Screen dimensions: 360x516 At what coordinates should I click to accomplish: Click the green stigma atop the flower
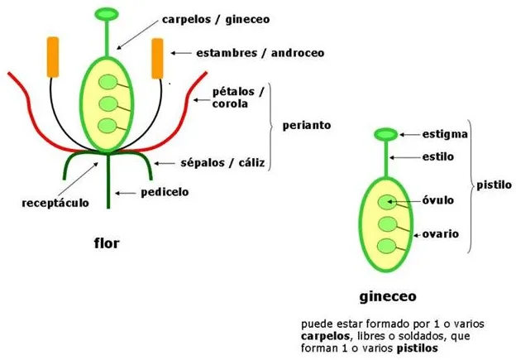(107, 13)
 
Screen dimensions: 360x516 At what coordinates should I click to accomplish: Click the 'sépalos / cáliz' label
(227, 162)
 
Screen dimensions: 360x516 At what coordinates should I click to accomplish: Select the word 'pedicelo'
(166, 192)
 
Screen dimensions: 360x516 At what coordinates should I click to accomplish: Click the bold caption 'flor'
(107, 243)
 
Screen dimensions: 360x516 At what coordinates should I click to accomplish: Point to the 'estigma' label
(447, 133)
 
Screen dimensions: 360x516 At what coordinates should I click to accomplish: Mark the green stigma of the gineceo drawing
(386, 134)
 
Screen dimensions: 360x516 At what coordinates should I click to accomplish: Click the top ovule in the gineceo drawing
(385, 202)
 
